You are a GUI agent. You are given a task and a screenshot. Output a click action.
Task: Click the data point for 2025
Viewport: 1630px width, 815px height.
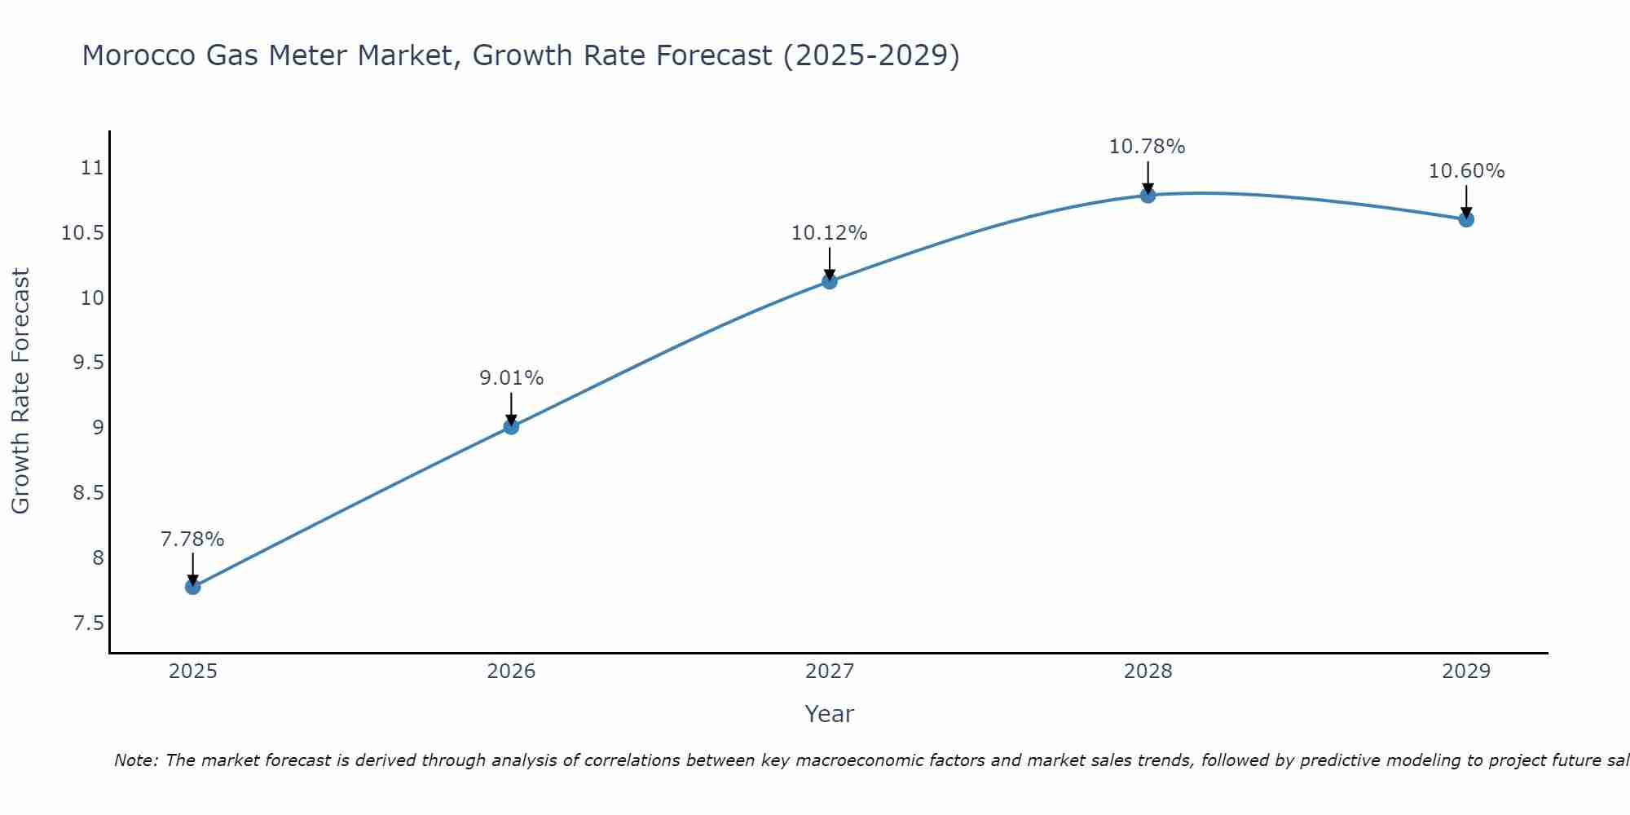click(x=193, y=587)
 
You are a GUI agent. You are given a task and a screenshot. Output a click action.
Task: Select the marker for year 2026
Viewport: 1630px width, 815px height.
click(x=511, y=426)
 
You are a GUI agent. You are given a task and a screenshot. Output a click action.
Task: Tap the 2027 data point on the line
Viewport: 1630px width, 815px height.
click(x=830, y=281)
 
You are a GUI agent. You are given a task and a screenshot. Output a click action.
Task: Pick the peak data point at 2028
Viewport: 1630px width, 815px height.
click(x=1148, y=195)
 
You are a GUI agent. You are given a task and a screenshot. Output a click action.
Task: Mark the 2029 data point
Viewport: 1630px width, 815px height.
click(x=1466, y=218)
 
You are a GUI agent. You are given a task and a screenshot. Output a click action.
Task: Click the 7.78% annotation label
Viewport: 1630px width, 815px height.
click(x=192, y=540)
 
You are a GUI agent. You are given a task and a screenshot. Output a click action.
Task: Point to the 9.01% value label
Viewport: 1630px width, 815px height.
click(x=511, y=378)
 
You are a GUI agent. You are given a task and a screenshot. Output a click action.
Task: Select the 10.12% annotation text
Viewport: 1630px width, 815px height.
click(x=830, y=233)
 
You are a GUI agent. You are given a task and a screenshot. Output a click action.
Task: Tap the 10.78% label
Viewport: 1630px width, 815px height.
click(x=1147, y=147)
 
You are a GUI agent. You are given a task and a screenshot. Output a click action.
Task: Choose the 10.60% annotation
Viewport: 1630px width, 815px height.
click(x=1466, y=171)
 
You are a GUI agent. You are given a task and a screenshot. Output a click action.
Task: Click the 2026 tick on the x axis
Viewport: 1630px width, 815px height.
click(x=511, y=672)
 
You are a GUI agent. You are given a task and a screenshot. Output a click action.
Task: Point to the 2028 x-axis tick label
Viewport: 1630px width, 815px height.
click(x=1148, y=672)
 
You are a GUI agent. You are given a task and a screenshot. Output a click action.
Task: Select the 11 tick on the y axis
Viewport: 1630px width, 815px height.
click(x=92, y=168)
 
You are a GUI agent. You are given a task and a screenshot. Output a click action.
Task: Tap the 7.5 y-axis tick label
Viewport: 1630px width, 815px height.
click(x=88, y=623)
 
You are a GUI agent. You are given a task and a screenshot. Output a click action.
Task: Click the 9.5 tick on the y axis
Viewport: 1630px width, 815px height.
click(x=88, y=363)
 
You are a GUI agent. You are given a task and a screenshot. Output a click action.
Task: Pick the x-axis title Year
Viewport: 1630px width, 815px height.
click(x=829, y=714)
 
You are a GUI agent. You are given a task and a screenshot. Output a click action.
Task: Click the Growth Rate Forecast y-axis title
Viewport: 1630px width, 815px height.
click(x=20, y=391)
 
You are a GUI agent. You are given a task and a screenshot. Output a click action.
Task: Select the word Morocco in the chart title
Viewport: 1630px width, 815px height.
click(x=138, y=55)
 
